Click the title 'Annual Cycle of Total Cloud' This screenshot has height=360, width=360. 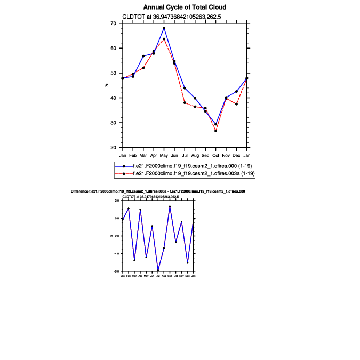[x=185, y=7]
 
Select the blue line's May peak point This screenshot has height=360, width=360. [x=164, y=28]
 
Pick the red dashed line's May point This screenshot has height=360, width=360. [x=164, y=39]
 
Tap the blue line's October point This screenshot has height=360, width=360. [x=216, y=125]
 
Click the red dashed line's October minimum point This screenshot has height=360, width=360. [x=216, y=131]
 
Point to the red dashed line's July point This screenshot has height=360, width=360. [x=185, y=102]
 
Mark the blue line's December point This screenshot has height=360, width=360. [x=236, y=91]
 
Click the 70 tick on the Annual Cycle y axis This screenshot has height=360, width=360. [x=113, y=23]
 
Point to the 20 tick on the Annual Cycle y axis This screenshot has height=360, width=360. [x=113, y=148]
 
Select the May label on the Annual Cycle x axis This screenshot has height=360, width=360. [x=164, y=155]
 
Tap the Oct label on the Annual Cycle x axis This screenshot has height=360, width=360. [x=216, y=155]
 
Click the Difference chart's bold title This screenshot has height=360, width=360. [x=158, y=191]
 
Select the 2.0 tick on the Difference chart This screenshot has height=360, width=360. [x=117, y=201]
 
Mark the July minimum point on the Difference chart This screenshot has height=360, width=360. [x=158, y=271]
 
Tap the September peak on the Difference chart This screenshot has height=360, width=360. [x=170, y=206]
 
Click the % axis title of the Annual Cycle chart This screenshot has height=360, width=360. [x=106, y=85]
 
